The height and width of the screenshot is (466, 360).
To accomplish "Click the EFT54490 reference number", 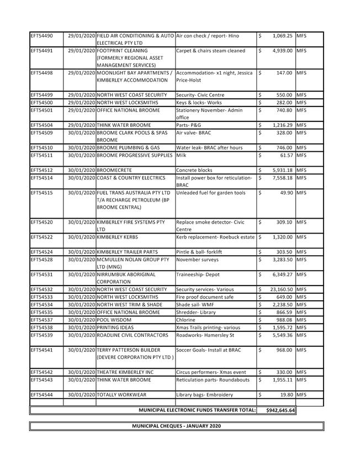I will pyautogui.click(x=41, y=35).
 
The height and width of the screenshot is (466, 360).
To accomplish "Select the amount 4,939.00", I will pyautogui.click(x=282, y=51).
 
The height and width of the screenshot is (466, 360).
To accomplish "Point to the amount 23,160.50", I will pyautogui.click(x=281, y=289).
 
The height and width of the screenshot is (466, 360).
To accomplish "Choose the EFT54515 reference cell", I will pyautogui.click(x=41, y=192).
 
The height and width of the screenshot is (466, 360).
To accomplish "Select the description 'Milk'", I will pyautogui.click(x=181, y=155).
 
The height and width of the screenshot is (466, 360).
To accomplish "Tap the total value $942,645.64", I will pyautogui.click(x=280, y=410).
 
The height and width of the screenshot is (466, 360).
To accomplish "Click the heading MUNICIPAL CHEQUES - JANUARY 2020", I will pyautogui.click(x=176, y=426).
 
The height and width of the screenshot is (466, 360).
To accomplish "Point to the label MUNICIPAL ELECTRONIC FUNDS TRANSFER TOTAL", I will pyautogui.click(x=197, y=410).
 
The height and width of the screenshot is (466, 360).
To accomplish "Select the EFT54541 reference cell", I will pyautogui.click(x=41, y=349).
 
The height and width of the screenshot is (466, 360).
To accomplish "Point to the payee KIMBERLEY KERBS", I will pyautogui.click(x=119, y=237).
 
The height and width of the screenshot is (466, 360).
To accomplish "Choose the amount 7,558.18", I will pyautogui.click(x=282, y=178).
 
